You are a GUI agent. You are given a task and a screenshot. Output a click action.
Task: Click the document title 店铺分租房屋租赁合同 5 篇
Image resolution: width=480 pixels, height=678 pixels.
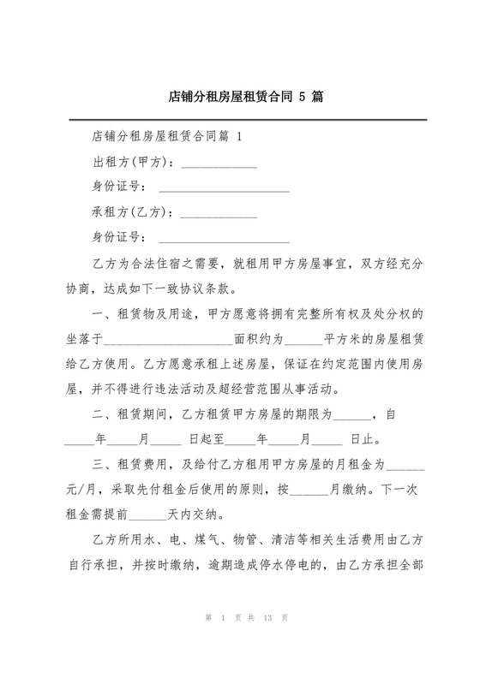coord(240,97)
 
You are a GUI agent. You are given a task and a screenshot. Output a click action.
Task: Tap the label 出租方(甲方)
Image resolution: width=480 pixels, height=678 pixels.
coord(131,162)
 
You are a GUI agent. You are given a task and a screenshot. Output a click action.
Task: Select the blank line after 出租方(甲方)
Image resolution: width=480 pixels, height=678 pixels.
coord(219,164)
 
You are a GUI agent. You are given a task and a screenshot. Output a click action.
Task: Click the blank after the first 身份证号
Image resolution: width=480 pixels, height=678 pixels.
coord(224,188)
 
